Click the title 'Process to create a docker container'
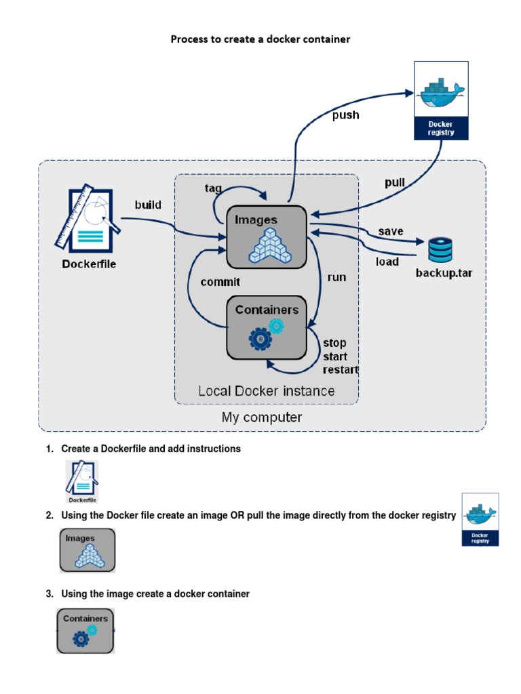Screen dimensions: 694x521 pyautogui.click(x=260, y=39)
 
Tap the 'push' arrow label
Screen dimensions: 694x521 pyautogui.click(x=345, y=115)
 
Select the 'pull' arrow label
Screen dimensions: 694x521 pyautogui.click(x=394, y=183)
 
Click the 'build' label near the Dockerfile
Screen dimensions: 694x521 pyautogui.click(x=148, y=205)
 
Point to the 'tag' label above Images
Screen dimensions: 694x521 pyautogui.click(x=213, y=188)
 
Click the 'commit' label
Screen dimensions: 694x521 pyautogui.click(x=220, y=281)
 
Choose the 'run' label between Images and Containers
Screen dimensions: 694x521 pyautogui.click(x=336, y=277)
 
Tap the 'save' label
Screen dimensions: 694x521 pyautogui.click(x=391, y=231)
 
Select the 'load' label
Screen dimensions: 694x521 pyautogui.click(x=387, y=262)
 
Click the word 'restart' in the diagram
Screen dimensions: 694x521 pyautogui.click(x=341, y=370)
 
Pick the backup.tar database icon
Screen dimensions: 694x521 pyautogui.click(x=440, y=250)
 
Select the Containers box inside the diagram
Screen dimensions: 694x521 pyautogui.click(x=267, y=327)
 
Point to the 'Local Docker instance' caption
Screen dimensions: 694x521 pyautogui.click(x=266, y=391)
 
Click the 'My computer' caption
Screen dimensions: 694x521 pyautogui.click(x=262, y=417)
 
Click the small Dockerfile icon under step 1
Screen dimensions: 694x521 pyautogui.click(x=81, y=481)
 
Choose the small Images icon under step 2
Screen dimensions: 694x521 pyautogui.click(x=88, y=550)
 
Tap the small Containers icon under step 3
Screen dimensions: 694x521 pyautogui.click(x=85, y=630)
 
